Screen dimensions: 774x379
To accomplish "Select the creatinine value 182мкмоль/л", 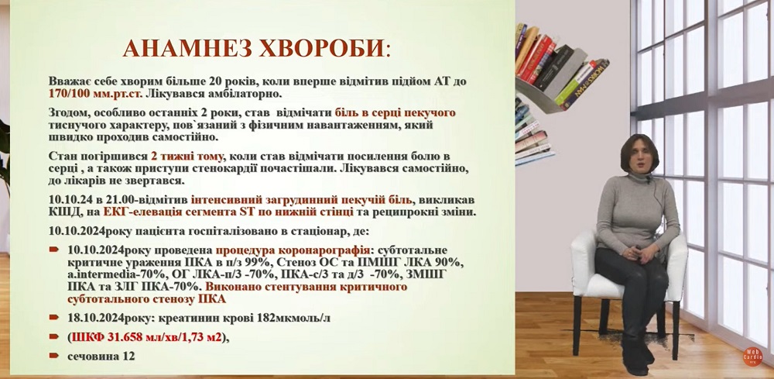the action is click(x=293, y=318).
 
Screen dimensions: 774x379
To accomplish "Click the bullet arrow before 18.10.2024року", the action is click(x=54, y=318).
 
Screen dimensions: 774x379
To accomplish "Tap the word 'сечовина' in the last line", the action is click(x=94, y=357).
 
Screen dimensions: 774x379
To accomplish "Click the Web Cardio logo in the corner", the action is click(x=753, y=357).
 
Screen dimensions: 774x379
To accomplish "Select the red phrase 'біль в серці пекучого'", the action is click(x=395, y=112).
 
